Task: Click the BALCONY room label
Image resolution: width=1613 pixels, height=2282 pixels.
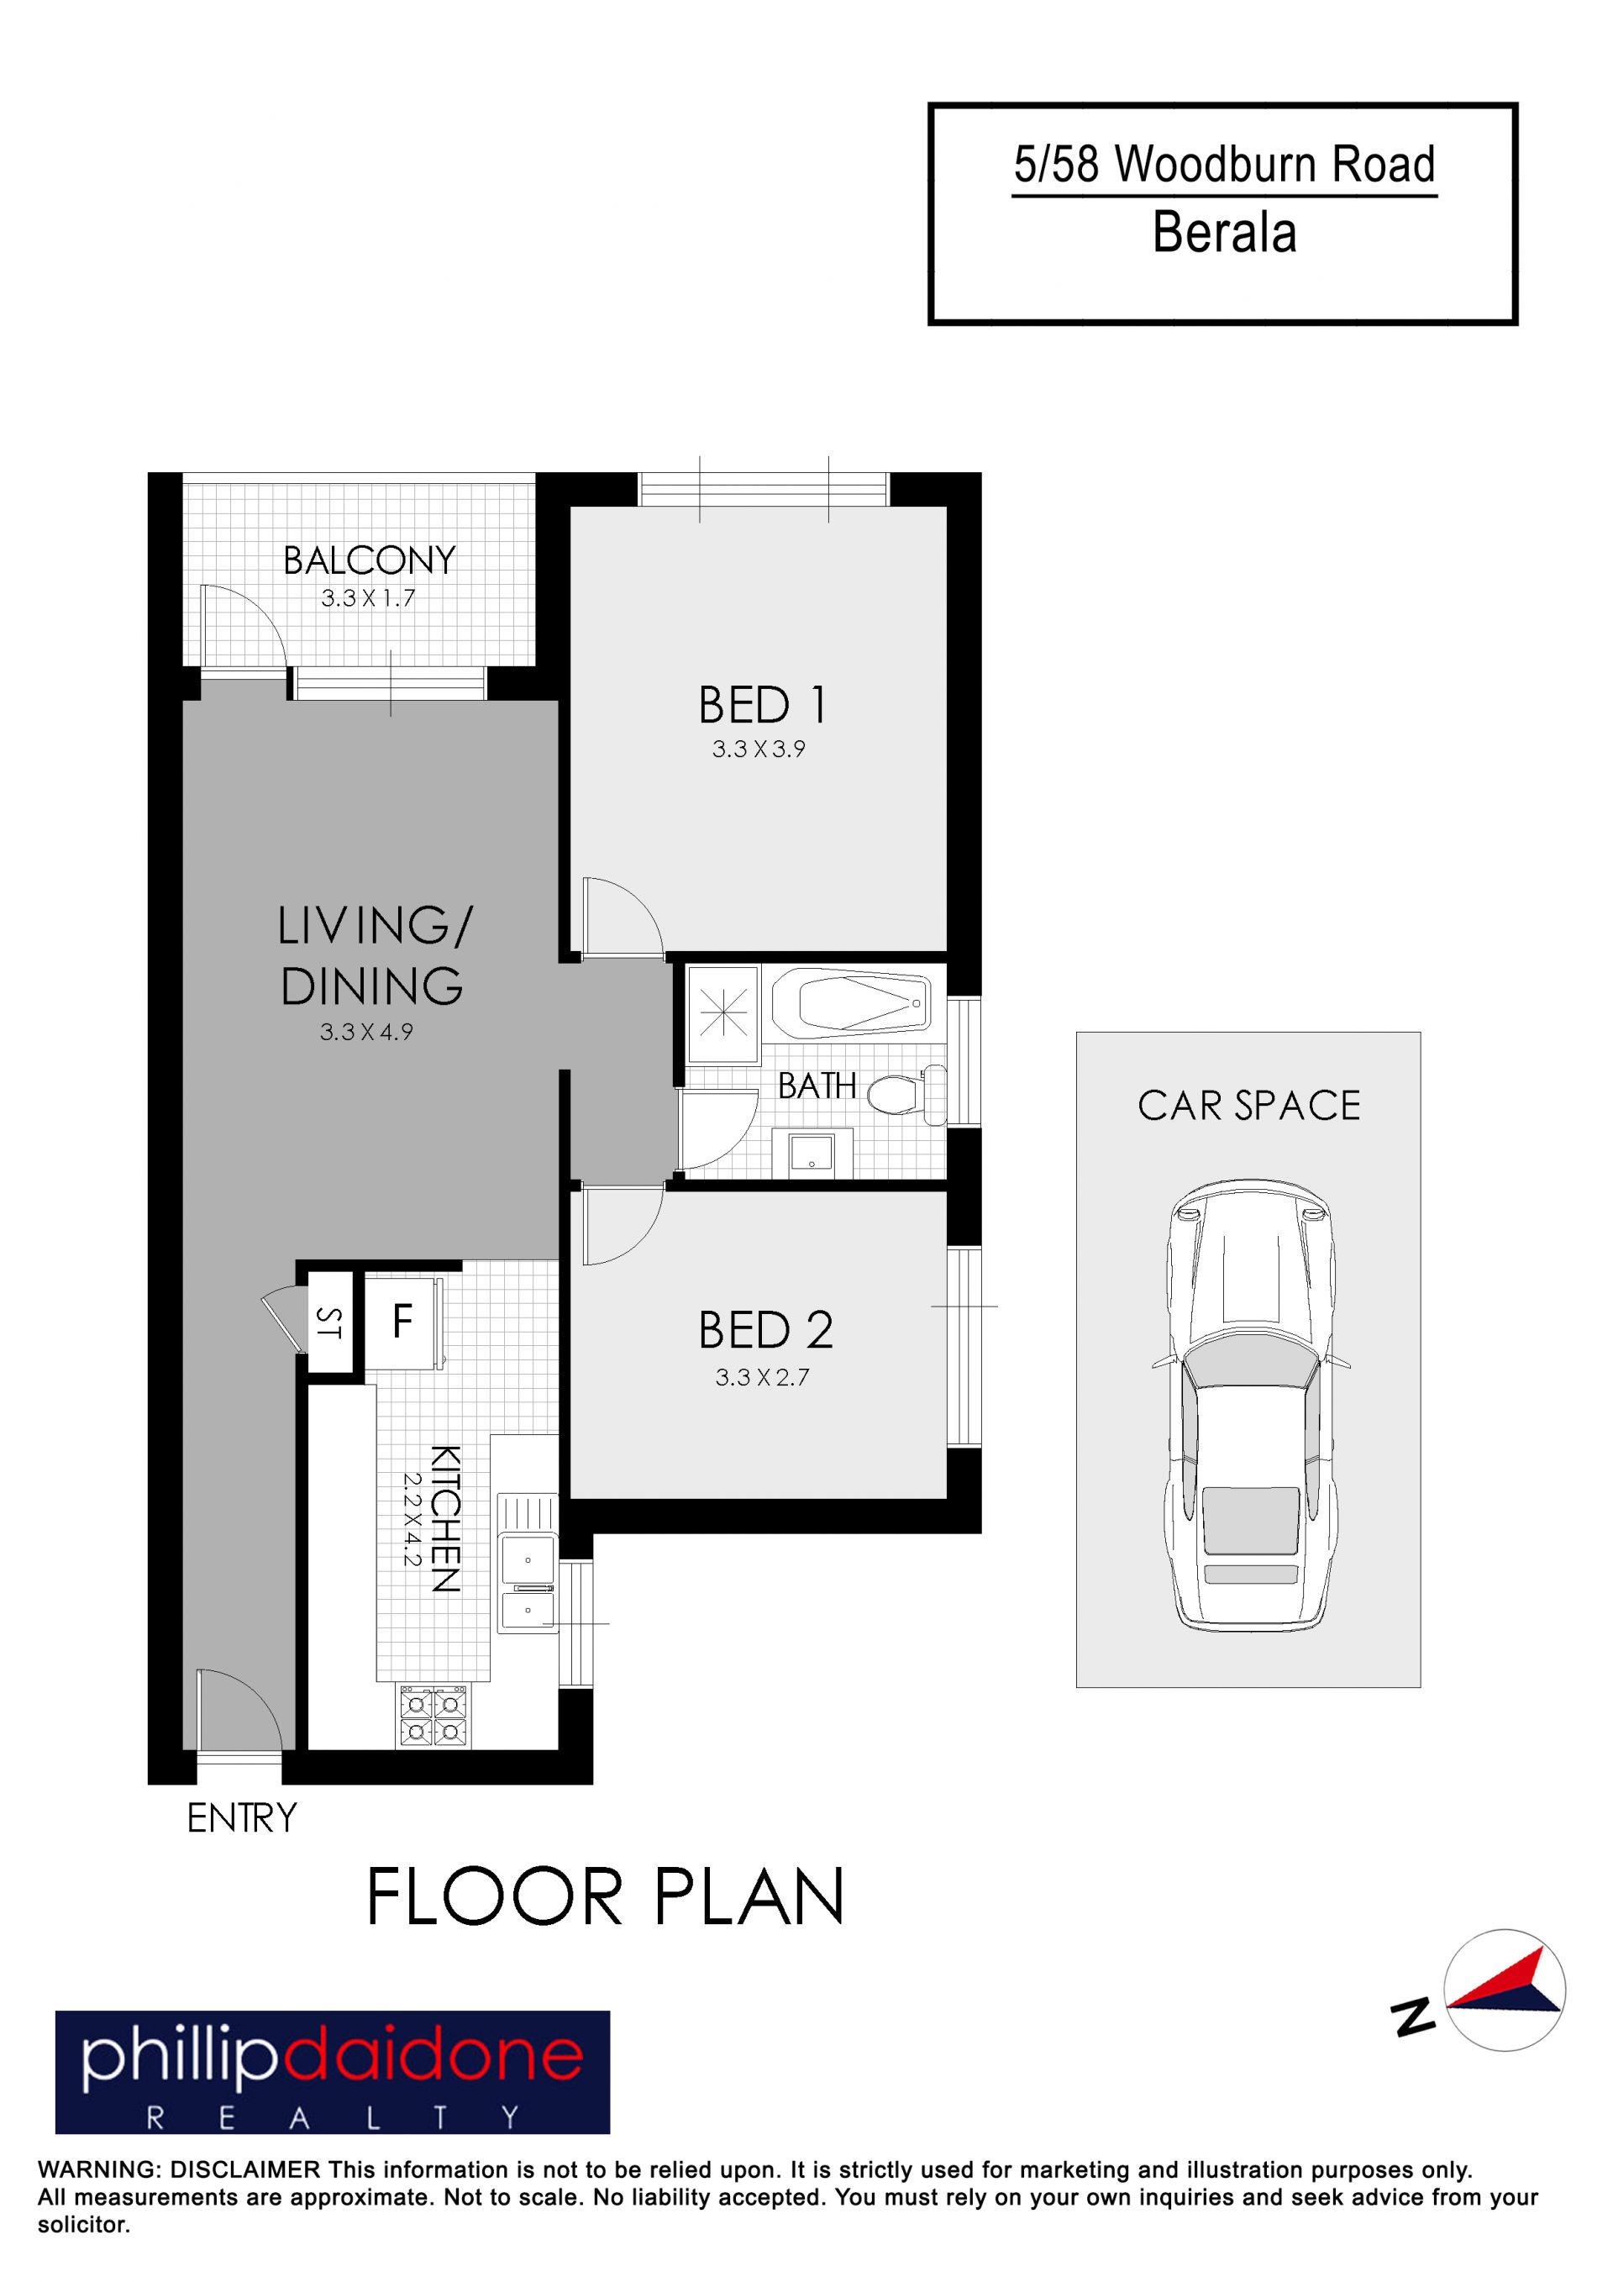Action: pyautogui.click(x=369, y=560)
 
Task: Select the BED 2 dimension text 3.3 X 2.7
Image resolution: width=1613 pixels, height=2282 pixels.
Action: pyautogui.click(x=762, y=1378)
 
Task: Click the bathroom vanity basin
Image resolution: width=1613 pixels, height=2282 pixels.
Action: pyautogui.click(x=813, y=1154)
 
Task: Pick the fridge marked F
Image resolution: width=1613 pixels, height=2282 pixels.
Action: pyautogui.click(x=402, y=1322)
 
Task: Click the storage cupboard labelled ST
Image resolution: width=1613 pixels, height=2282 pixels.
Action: pyautogui.click(x=329, y=1322)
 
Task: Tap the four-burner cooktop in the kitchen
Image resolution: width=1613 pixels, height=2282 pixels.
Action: pyautogui.click(x=433, y=1716)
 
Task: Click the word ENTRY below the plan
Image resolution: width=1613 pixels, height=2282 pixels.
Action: pyautogui.click(x=241, y=1819)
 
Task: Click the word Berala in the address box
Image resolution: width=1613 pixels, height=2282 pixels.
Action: pyautogui.click(x=1224, y=233)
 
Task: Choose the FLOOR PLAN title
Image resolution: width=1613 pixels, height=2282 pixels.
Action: pyautogui.click(x=605, y=1897)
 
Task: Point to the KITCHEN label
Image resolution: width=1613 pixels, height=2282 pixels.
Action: pyautogui.click(x=445, y=1520)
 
